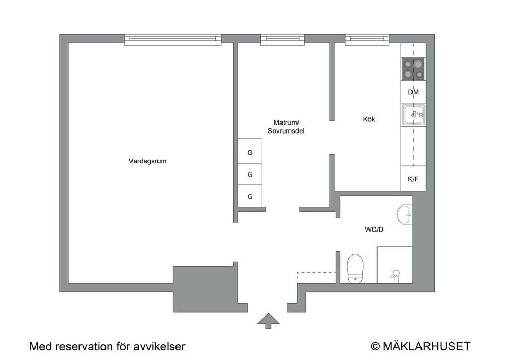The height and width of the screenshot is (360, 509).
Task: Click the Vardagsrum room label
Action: [x=147, y=161]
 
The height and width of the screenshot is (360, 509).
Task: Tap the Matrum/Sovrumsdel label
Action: [x=286, y=127]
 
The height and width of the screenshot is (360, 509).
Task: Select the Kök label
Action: [x=369, y=119]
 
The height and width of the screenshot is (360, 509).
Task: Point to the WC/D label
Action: [x=374, y=230]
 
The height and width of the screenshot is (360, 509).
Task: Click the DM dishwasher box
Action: [x=414, y=92]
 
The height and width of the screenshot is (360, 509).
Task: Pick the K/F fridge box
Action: [x=414, y=179]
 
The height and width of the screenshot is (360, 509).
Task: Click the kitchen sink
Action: [x=414, y=114]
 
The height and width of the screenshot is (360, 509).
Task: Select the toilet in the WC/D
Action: [x=354, y=268]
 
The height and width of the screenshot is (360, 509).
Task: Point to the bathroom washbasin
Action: [x=406, y=214]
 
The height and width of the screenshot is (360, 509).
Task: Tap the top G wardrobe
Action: [x=250, y=153]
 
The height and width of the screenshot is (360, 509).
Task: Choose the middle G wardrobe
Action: [x=250, y=174]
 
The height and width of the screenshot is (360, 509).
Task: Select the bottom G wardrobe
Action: [x=250, y=196]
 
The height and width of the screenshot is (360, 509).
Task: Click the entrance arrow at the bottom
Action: [x=268, y=320]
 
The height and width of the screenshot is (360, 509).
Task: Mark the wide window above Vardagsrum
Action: [x=172, y=39]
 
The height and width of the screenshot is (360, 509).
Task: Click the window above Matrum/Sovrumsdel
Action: [x=282, y=39]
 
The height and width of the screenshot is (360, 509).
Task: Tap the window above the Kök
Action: [x=367, y=39]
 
